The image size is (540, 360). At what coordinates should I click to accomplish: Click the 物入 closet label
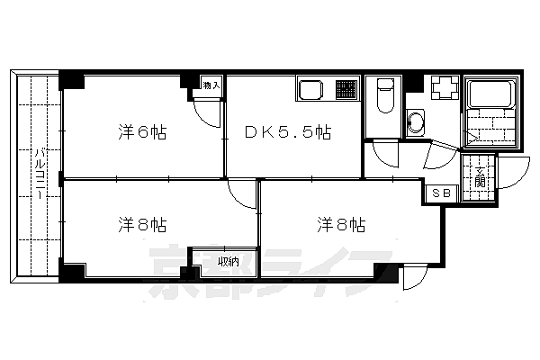(x=211, y=85)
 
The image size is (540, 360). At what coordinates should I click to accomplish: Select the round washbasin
(x=417, y=122)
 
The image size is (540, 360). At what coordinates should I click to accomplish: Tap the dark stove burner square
(x=346, y=90)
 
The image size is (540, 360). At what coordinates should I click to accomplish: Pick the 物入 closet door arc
(x=206, y=113)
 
